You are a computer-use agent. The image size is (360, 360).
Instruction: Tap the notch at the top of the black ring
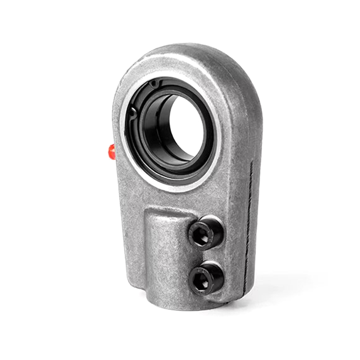[x=154, y=84]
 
